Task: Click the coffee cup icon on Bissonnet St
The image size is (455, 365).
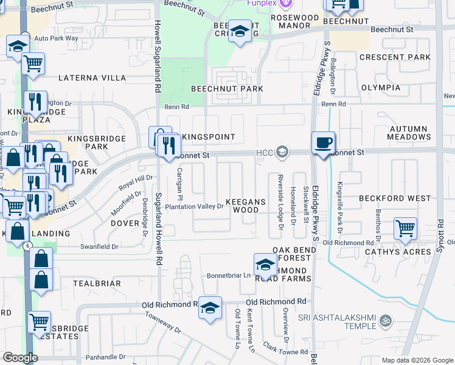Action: pos(323,143)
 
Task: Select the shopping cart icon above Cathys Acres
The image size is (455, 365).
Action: pos(405,229)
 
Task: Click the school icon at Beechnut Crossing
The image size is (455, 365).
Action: pos(240,31)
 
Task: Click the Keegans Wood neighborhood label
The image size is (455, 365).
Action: pos(251,205)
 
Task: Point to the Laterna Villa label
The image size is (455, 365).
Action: pos(92,78)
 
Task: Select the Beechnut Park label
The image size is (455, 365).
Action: pos(227,89)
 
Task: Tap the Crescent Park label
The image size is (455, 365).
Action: pos(395,57)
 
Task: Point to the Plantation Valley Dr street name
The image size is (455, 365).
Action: pos(195,207)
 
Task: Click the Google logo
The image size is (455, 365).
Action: pos(21,358)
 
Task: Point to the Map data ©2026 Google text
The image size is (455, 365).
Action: pos(416,360)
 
